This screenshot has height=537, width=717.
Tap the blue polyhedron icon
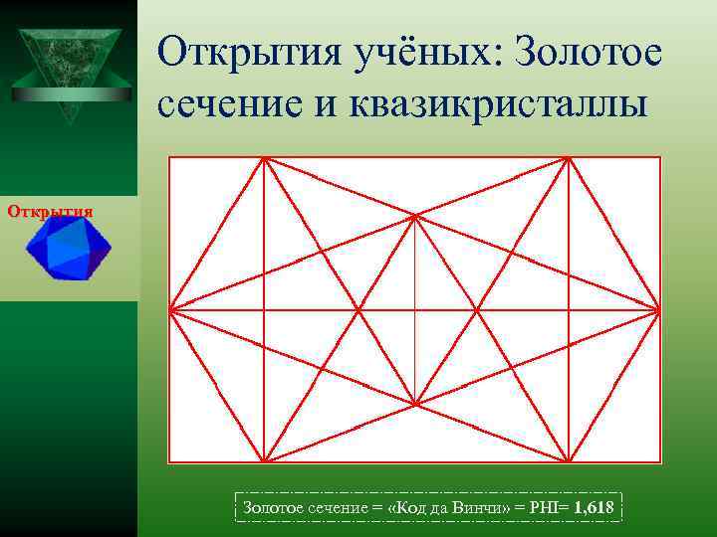tap(69, 248)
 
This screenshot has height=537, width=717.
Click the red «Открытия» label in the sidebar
tap(50, 211)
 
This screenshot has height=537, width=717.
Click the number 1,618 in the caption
tap(595, 509)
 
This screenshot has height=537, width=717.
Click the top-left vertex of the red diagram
tap(263, 158)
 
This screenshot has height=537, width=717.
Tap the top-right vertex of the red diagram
tap(568, 158)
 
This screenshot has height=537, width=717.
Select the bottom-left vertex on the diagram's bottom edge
tap(263, 461)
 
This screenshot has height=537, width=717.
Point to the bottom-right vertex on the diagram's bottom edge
tap(568, 461)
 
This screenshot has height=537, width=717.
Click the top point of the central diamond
tap(415, 215)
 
